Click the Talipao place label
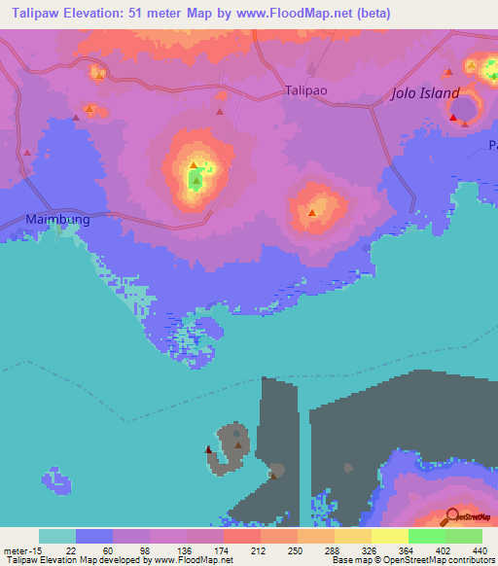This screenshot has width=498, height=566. tap(306, 89)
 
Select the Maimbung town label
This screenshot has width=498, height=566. tap(57, 220)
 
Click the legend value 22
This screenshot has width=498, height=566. tap(71, 549)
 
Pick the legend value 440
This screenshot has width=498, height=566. tap(480, 549)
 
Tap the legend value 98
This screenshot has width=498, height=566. tap(147, 549)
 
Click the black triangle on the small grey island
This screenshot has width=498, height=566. tap(207, 449)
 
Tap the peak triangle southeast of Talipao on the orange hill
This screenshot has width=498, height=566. tap(312, 212)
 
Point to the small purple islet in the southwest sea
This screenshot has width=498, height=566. tap(55, 478)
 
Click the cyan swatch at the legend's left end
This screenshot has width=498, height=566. tap(57, 536)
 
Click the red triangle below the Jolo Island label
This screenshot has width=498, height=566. tap(454, 118)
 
